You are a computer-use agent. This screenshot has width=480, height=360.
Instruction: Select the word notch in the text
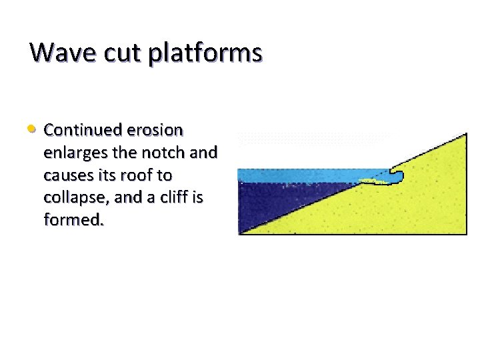[x=161, y=152]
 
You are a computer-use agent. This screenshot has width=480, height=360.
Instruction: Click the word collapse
[x=73, y=197]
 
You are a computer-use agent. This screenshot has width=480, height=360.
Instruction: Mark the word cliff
[x=167, y=197]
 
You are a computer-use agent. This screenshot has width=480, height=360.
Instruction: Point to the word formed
[x=73, y=220]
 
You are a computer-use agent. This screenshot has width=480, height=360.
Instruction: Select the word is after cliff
[x=197, y=197]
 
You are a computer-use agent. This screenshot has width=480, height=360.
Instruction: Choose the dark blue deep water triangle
[x=267, y=203]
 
